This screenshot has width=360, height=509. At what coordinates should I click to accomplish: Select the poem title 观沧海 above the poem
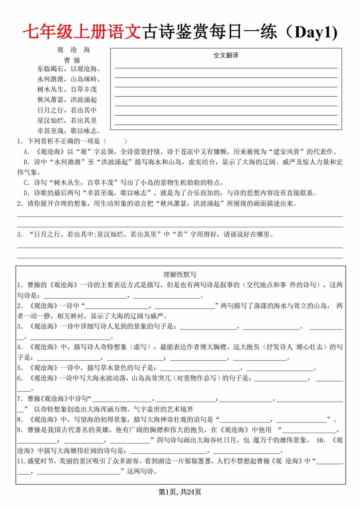(74, 50)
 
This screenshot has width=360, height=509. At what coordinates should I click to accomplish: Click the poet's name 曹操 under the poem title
(72, 60)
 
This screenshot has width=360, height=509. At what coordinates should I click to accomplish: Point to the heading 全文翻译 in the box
(226, 55)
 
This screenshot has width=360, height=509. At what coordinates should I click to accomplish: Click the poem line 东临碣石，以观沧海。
(69, 69)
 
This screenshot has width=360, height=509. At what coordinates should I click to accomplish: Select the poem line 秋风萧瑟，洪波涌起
(67, 100)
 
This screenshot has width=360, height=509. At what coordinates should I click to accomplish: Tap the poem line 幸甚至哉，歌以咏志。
(69, 131)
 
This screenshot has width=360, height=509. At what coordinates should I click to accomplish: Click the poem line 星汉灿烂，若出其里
(67, 120)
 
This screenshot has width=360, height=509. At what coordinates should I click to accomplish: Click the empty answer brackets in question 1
(115, 141)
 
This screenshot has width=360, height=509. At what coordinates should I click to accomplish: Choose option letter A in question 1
(26, 152)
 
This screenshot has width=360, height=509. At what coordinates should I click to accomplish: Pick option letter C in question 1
(26, 183)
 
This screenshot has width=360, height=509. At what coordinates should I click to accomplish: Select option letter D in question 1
(26, 193)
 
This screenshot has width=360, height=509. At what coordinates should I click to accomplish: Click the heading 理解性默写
(180, 274)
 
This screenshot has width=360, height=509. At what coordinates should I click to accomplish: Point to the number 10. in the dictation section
(320, 440)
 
